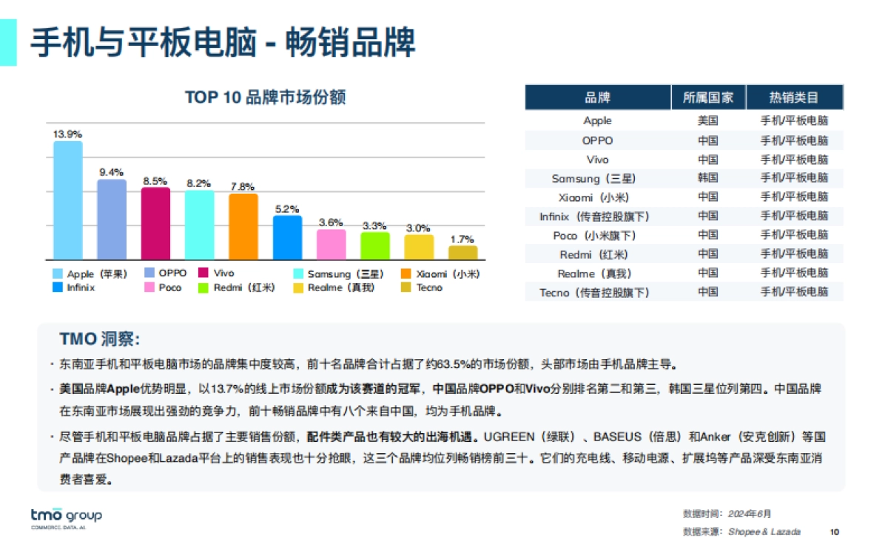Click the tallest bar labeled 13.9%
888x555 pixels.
(67, 200)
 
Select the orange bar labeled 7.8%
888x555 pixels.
(243, 226)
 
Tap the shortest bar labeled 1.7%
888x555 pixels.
(462, 252)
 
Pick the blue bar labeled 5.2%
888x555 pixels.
(287, 237)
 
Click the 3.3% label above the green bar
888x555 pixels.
(374, 225)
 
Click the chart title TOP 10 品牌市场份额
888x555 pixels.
(266, 98)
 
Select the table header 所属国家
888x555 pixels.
(708, 98)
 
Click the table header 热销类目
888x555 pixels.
(794, 98)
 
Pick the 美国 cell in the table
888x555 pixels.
(708, 120)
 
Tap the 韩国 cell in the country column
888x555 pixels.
(708, 178)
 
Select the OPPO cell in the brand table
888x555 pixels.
(597, 140)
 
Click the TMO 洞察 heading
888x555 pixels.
(100, 339)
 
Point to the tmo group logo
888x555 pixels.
(66, 517)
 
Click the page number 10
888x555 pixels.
(835, 532)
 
